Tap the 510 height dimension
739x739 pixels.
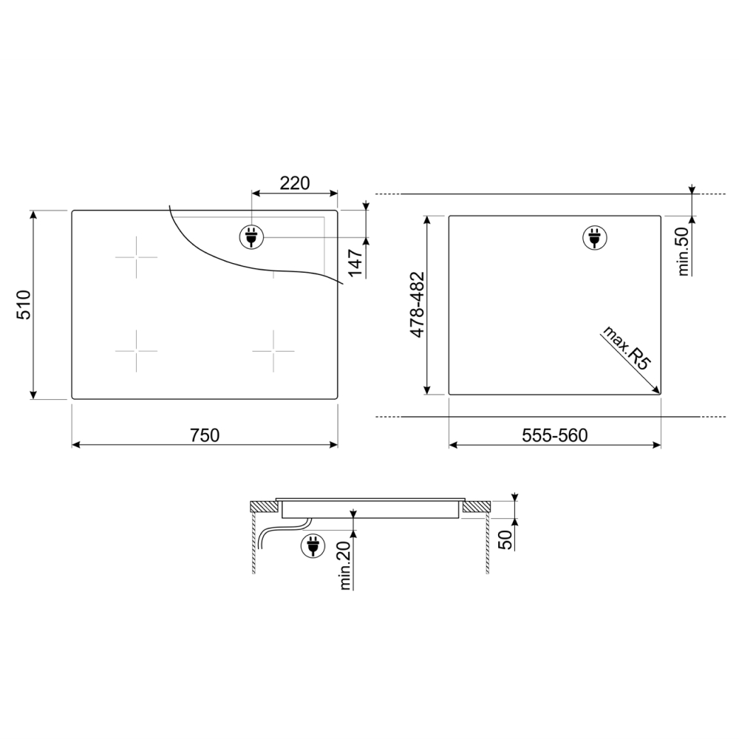coord(24,304)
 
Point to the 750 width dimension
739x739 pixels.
coord(205,435)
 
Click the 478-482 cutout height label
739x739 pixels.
coord(417,304)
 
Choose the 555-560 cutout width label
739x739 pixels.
coord(554,435)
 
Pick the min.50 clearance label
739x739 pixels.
coord(683,251)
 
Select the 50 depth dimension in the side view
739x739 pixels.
coord(505,539)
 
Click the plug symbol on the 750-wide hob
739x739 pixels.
coord(250,236)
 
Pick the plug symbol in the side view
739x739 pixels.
coord(313,545)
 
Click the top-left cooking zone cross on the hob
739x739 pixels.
coord(136,257)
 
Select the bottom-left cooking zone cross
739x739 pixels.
coord(136,350)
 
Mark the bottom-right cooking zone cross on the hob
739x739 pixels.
coord(273,350)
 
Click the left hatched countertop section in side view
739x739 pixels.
coord(262,507)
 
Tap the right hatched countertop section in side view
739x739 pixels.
coord(477,507)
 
